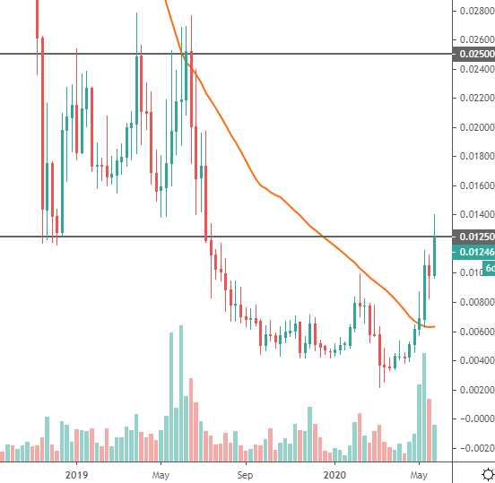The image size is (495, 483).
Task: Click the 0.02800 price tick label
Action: click(x=475, y=11)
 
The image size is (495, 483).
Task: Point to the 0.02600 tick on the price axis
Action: click(x=475, y=40)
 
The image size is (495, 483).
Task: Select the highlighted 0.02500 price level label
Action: click(x=475, y=55)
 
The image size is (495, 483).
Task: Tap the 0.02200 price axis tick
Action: click(x=475, y=98)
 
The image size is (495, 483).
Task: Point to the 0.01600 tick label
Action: click(x=475, y=185)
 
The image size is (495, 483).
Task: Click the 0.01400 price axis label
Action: click(x=475, y=214)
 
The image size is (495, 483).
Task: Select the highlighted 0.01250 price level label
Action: click(x=475, y=237)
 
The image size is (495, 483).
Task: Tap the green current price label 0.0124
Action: click(x=475, y=252)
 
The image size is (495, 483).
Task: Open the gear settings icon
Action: click(x=485, y=473)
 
